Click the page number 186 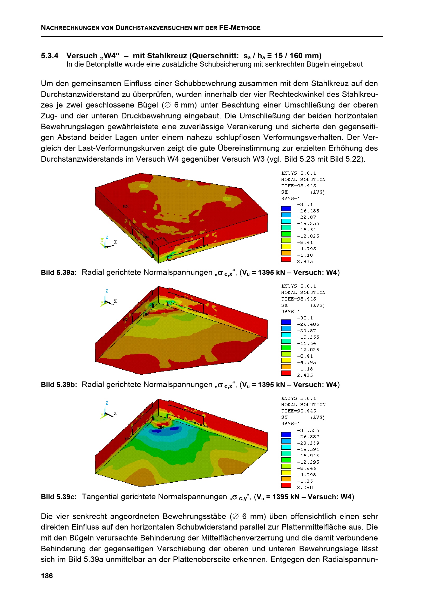tap(47, 576)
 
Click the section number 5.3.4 tap(49, 56)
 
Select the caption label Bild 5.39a tap(59, 272)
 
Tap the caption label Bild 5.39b tap(59, 384)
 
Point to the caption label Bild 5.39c tap(59, 497)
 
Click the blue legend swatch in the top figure tap(286, 209)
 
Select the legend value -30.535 tap(308, 430)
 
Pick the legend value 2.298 tap(305, 487)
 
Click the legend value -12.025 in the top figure tap(308, 236)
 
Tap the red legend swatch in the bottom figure tap(286, 485)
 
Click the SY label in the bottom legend tap(284, 417)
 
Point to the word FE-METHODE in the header tap(240, 28)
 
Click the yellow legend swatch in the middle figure tap(286, 360)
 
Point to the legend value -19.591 tap(308, 449)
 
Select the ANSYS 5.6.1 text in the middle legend tap(298, 286)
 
